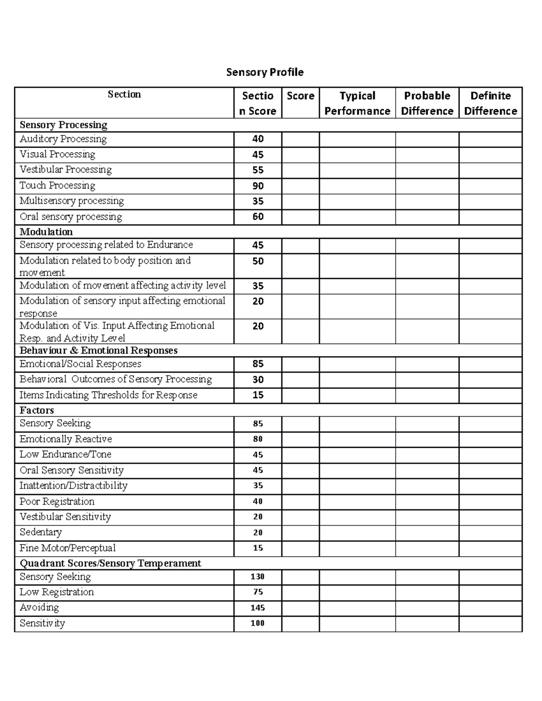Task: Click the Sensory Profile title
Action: pyautogui.click(x=265, y=72)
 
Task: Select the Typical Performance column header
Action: pyautogui.click(x=357, y=103)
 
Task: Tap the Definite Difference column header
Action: pyautogui.click(x=490, y=103)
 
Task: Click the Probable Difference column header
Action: pyautogui.click(x=427, y=103)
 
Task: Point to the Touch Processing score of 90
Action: pyautogui.click(x=258, y=186)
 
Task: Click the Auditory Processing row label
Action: pyautogui.click(x=63, y=139)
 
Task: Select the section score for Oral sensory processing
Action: pyautogui.click(x=258, y=217)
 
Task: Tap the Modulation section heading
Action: pyautogui.click(x=46, y=232)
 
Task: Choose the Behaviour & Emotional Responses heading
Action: pyautogui.click(x=98, y=351)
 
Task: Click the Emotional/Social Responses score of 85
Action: pyautogui.click(x=258, y=364)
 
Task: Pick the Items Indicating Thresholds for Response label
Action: pyautogui.click(x=108, y=395)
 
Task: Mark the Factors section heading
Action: pyautogui.click(x=37, y=410)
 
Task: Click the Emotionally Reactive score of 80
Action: pyautogui.click(x=258, y=439)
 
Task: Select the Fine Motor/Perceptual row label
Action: pyautogui.click(x=68, y=548)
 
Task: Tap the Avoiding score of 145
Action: pyautogui.click(x=258, y=608)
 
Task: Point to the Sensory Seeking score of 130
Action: pyautogui.click(x=258, y=576)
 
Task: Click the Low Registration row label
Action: pyautogui.click(x=57, y=592)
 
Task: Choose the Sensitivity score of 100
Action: pyautogui.click(x=258, y=623)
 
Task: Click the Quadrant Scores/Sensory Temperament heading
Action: pyautogui.click(x=110, y=563)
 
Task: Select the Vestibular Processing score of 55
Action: pyautogui.click(x=258, y=170)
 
